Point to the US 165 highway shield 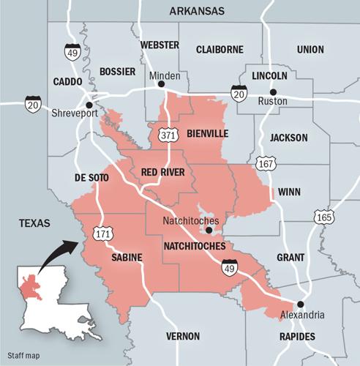323,217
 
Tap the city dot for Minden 162,84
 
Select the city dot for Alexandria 300,304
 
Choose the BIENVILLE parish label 207,133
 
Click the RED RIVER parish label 162,172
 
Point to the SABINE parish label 127,258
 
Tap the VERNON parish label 182,336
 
